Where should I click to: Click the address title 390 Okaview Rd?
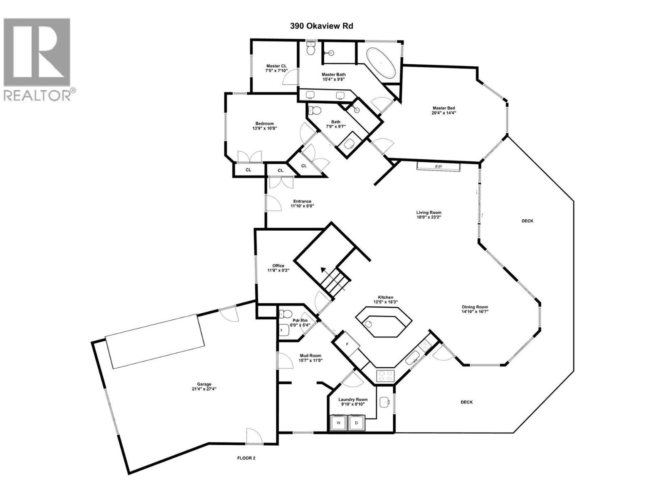(321, 26)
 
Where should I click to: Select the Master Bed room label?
(441, 108)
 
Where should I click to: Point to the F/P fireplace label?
(438, 167)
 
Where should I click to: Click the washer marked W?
(338, 423)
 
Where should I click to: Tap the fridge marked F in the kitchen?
(347, 344)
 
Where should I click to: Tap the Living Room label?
(429, 212)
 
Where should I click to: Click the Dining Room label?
(475, 307)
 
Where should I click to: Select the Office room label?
(278, 266)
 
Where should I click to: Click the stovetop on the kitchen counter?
(385, 376)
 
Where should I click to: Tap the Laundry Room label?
(353, 400)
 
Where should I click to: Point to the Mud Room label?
(310, 356)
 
